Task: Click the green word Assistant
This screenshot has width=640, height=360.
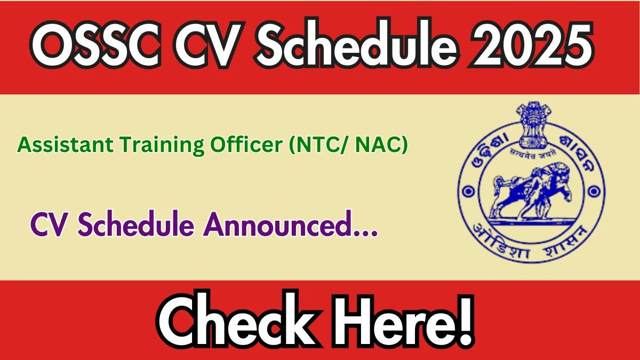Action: [x=65, y=145]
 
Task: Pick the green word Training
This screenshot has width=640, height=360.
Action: [x=162, y=146]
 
